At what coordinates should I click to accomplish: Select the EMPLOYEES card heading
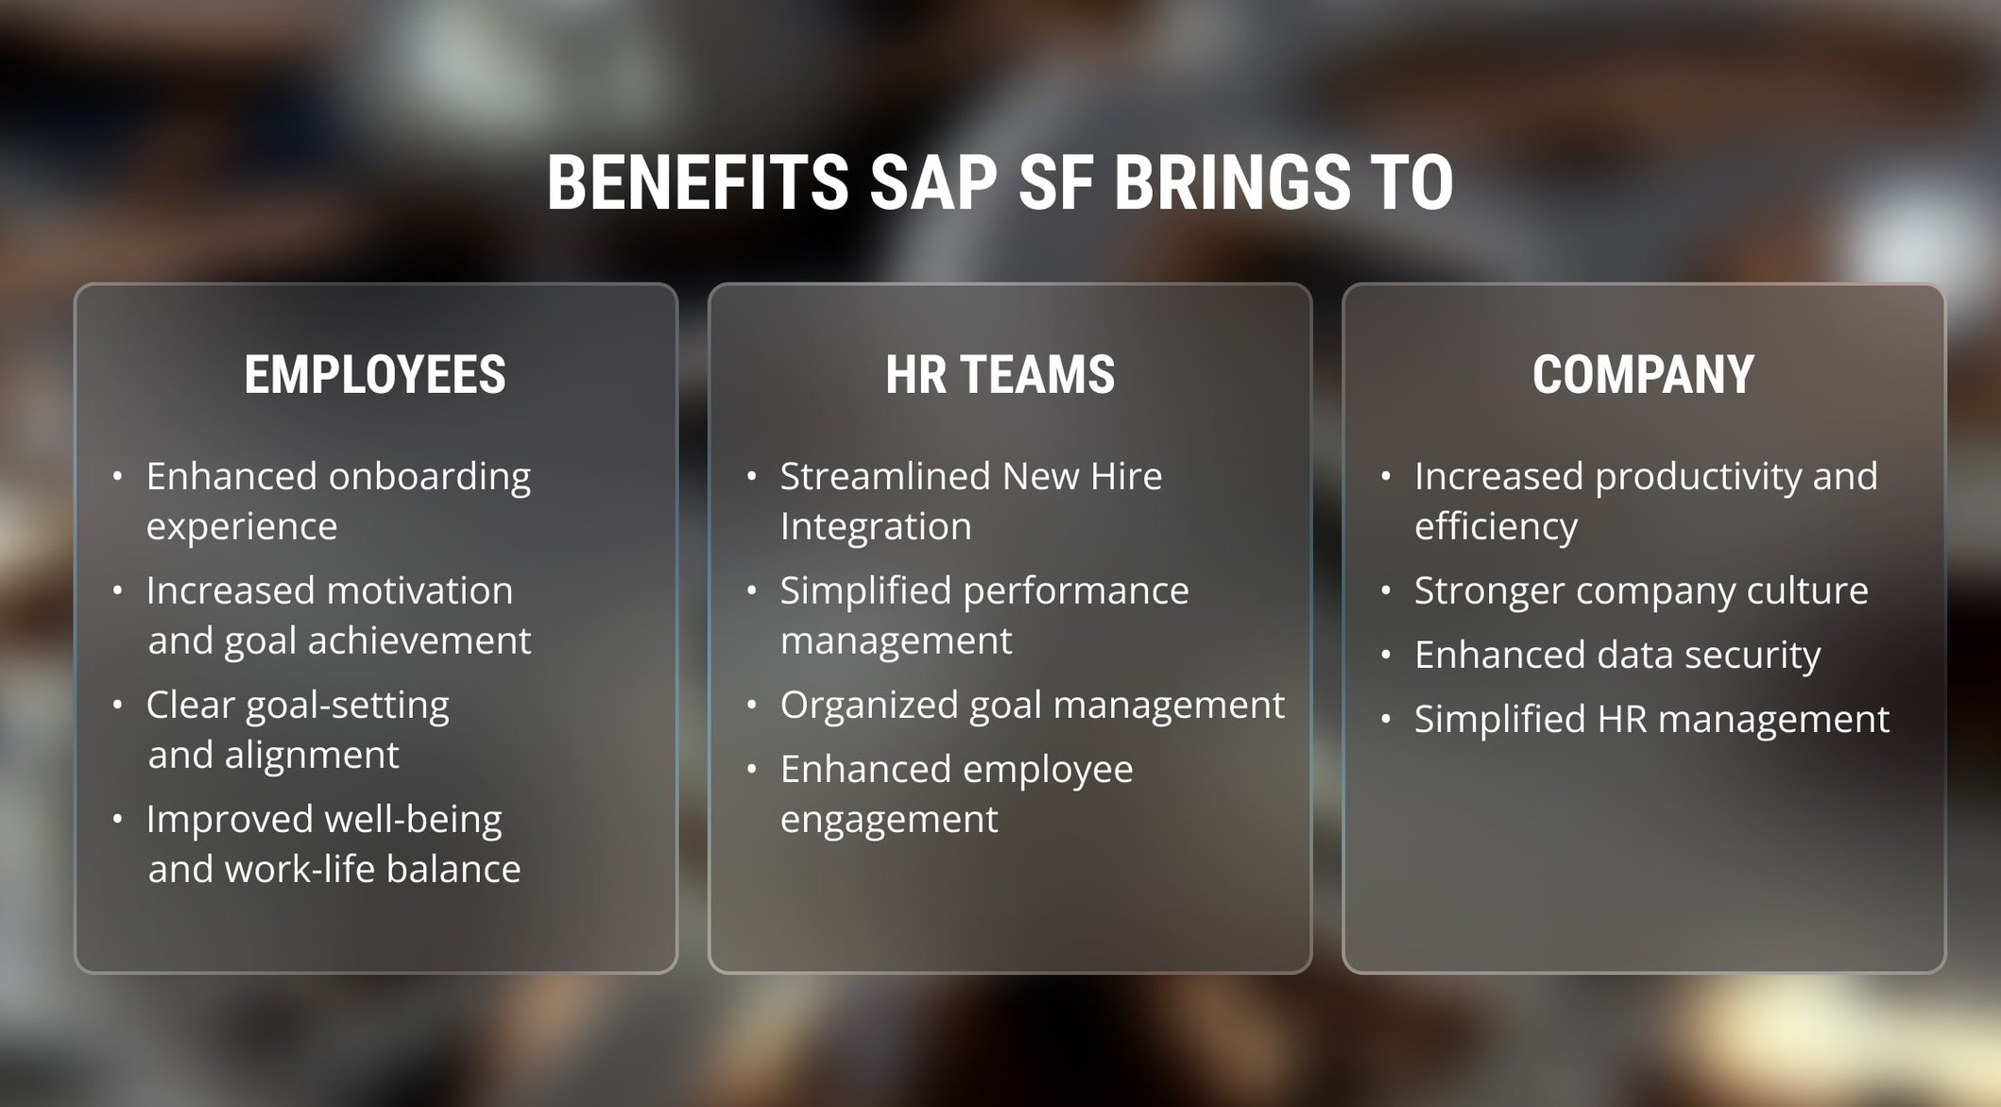tap(375, 375)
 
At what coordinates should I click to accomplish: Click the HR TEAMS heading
tap(1000, 375)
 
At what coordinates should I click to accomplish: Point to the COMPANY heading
tap(1643, 375)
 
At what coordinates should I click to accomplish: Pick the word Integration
tap(876, 526)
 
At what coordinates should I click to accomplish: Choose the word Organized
tap(869, 706)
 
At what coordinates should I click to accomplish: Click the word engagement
tap(889, 820)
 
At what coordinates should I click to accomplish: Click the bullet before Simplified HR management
tap(1386, 720)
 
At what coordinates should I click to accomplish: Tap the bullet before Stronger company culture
tap(1386, 591)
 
